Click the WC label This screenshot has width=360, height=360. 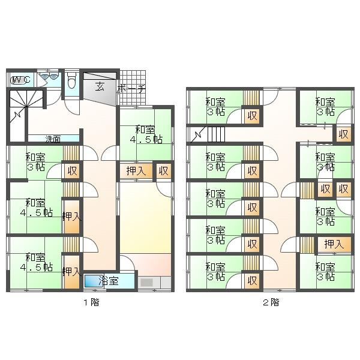[x=20, y=80]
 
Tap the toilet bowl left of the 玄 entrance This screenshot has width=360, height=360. [x=71, y=80]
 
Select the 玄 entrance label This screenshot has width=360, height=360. [x=100, y=86]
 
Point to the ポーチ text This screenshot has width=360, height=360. [x=131, y=89]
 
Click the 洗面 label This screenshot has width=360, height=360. [x=53, y=139]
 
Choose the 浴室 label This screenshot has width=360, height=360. [x=109, y=281]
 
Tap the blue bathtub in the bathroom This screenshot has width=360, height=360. [x=94, y=281]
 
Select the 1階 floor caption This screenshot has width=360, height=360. [x=91, y=302]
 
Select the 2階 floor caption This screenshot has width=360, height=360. [x=271, y=302]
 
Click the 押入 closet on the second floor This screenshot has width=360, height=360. [x=334, y=244]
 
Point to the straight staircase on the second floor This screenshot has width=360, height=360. [x=216, y=134]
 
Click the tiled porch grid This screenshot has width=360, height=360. [x=133, y=88]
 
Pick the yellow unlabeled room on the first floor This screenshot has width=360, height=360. [x=146, y=217]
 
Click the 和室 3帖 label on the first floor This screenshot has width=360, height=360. [x=35, y=163]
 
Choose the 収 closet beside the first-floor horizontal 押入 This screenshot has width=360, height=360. [x=164, y=170]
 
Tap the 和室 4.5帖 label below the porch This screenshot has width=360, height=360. [x=146, y=134]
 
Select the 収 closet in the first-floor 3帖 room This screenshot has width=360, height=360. [x=72, y=171]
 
